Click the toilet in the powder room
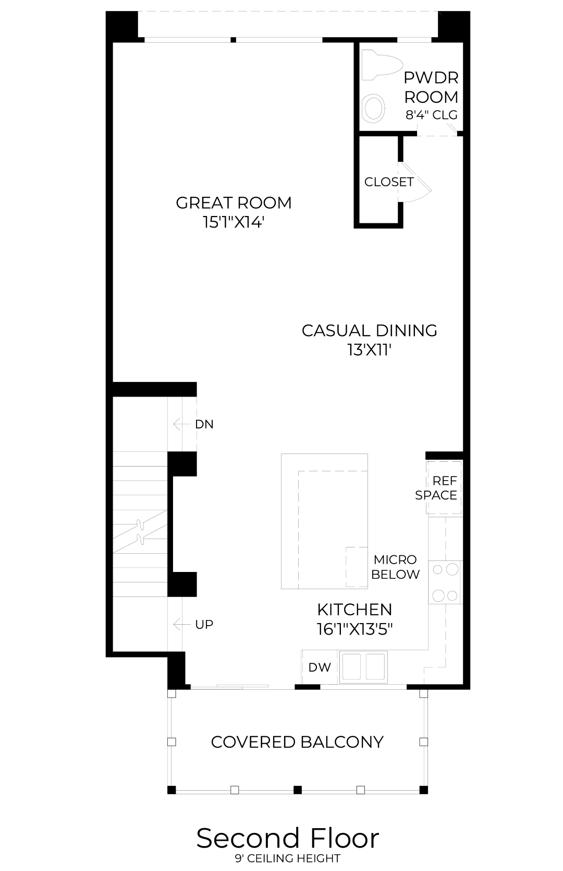382,65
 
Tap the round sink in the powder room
374,108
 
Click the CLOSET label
388,182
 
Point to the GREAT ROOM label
234,203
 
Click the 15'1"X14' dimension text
234,222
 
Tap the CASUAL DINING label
369,330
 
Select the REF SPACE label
436,488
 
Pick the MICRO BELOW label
395,567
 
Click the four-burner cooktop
445,582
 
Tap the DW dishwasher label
320,667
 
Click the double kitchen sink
364,666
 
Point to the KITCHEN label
354,610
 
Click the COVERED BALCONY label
297,742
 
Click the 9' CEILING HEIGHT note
288,858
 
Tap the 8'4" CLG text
431,115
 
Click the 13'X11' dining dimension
369,350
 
